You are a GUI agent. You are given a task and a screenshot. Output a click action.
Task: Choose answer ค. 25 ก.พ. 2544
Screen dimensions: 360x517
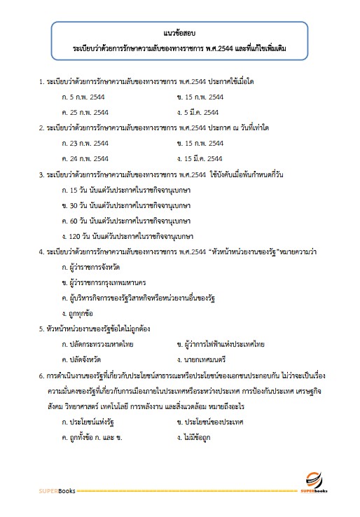click(x=85, y=112)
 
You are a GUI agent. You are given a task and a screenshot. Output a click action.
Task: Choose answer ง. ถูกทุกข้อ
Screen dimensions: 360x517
click(x=78, y=312)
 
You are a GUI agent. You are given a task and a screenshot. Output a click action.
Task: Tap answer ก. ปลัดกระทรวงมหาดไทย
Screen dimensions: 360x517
click(x=97, y=344)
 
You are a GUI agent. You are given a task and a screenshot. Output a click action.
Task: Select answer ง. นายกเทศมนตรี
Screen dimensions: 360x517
click(x=207, y=359)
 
